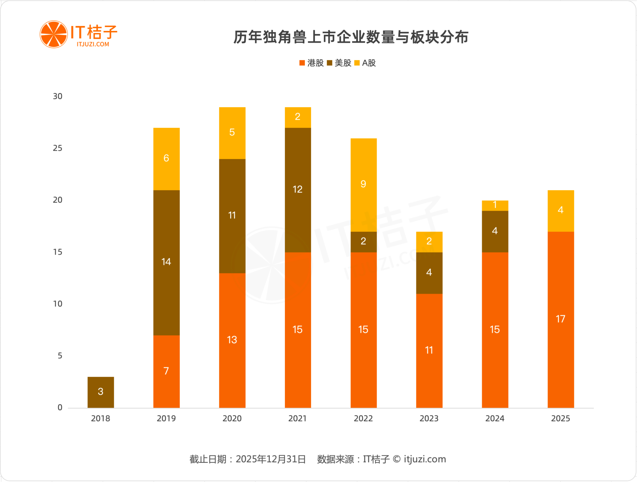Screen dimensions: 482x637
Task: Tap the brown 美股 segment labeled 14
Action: click(x=166, y=262)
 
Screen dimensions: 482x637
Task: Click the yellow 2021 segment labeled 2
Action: click(x=298, y=117)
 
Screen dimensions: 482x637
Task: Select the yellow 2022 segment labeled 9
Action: click(x=364, y=185)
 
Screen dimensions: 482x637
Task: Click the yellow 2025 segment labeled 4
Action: click(x=560, y=211)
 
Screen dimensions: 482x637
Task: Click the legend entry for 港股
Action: click(x=312, y=63)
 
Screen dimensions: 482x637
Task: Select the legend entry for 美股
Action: click(x=339, y=63)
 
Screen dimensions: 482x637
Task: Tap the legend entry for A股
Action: click(x=365, y=63)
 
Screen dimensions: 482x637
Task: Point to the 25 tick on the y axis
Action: click(x=57, y=148)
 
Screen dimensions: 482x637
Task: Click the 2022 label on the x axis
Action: click(x=364, y=418)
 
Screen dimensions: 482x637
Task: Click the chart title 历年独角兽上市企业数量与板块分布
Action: click(x=351, y=37)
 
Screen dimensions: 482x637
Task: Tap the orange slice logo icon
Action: click(x=53, y=34)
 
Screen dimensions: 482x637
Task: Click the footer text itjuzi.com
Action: click(x=425, y=459)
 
